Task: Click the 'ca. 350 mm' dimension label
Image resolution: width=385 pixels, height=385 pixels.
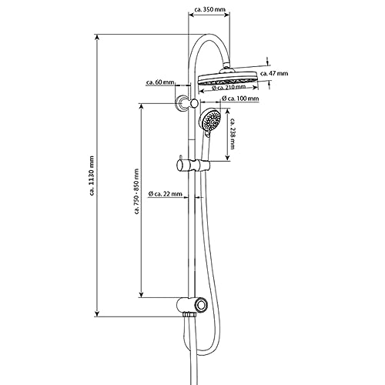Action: pyautogui.click(x=210, y=9)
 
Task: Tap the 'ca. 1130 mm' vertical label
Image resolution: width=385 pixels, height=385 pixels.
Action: pyautogui.click(x=92, y=176)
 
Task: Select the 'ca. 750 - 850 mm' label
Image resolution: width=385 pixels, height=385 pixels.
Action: pyautogui.click(x=136, y=191)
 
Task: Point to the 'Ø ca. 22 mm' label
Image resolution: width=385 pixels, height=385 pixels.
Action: pyautogui.click(x=166, y=193)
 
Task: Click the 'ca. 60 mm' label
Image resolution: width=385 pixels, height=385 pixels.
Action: pyautogui.click(x=160, y=82)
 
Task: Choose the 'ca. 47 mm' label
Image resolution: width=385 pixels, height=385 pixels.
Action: pyautogui.click(x=274, y=73)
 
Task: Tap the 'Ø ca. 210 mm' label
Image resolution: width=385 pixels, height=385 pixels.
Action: pyautogui.click(x=229, y=88)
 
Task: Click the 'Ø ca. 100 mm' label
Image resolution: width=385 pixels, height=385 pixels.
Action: pyautogui.click(x=240, y=99)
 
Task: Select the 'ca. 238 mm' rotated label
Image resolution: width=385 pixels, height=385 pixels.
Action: pyautogui.click(x=233, y=134)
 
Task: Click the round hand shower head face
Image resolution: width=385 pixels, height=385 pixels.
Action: pyautogui.click(x=210, y=119)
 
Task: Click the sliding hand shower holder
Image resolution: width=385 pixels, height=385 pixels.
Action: pyautogui.click(x=193, y=165)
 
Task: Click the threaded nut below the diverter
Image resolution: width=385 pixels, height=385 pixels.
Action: pyautogui.click(x=190, y=314)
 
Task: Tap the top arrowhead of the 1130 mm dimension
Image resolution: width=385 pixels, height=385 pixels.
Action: pyautogui.click(x=97, y=38)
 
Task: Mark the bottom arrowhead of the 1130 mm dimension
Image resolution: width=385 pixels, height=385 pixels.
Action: pyautogui.click(x=97, y=313)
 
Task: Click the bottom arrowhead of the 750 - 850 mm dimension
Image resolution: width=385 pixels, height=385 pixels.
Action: pyautogui.click(x=141, y=295)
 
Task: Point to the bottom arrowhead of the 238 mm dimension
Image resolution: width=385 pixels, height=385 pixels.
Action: pyautogui.click(x=227, y=158)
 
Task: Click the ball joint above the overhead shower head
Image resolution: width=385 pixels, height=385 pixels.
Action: pyautogui.click(x=227, y=67)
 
